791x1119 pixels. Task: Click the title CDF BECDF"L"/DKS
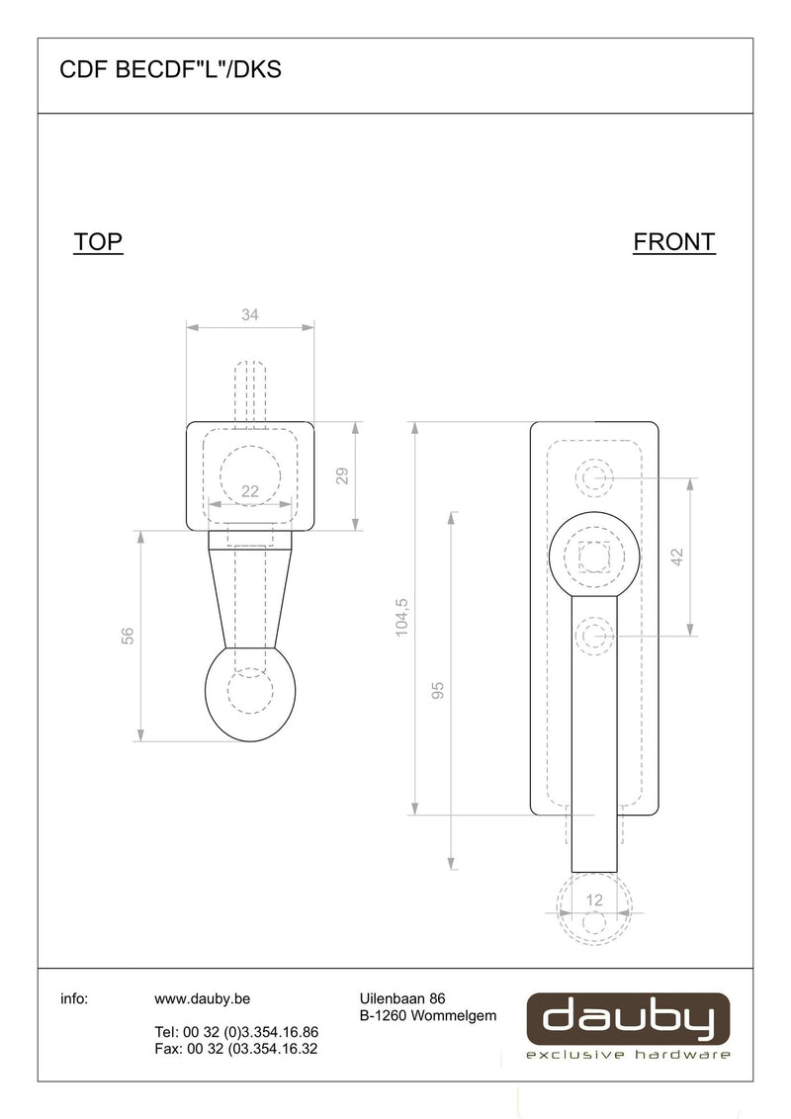(171, 70)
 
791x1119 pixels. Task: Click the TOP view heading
(98, 242)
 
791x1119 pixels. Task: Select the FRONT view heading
(674, 242)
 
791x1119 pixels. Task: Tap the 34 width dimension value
(250, 314)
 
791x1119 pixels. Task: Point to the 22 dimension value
(250, 491)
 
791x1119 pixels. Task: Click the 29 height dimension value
(342, 476)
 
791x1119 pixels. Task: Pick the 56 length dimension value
(128, 636)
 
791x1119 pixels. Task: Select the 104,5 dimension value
(401, 617)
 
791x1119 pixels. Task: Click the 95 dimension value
(438, 690)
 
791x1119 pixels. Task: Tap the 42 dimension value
(676, 557)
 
